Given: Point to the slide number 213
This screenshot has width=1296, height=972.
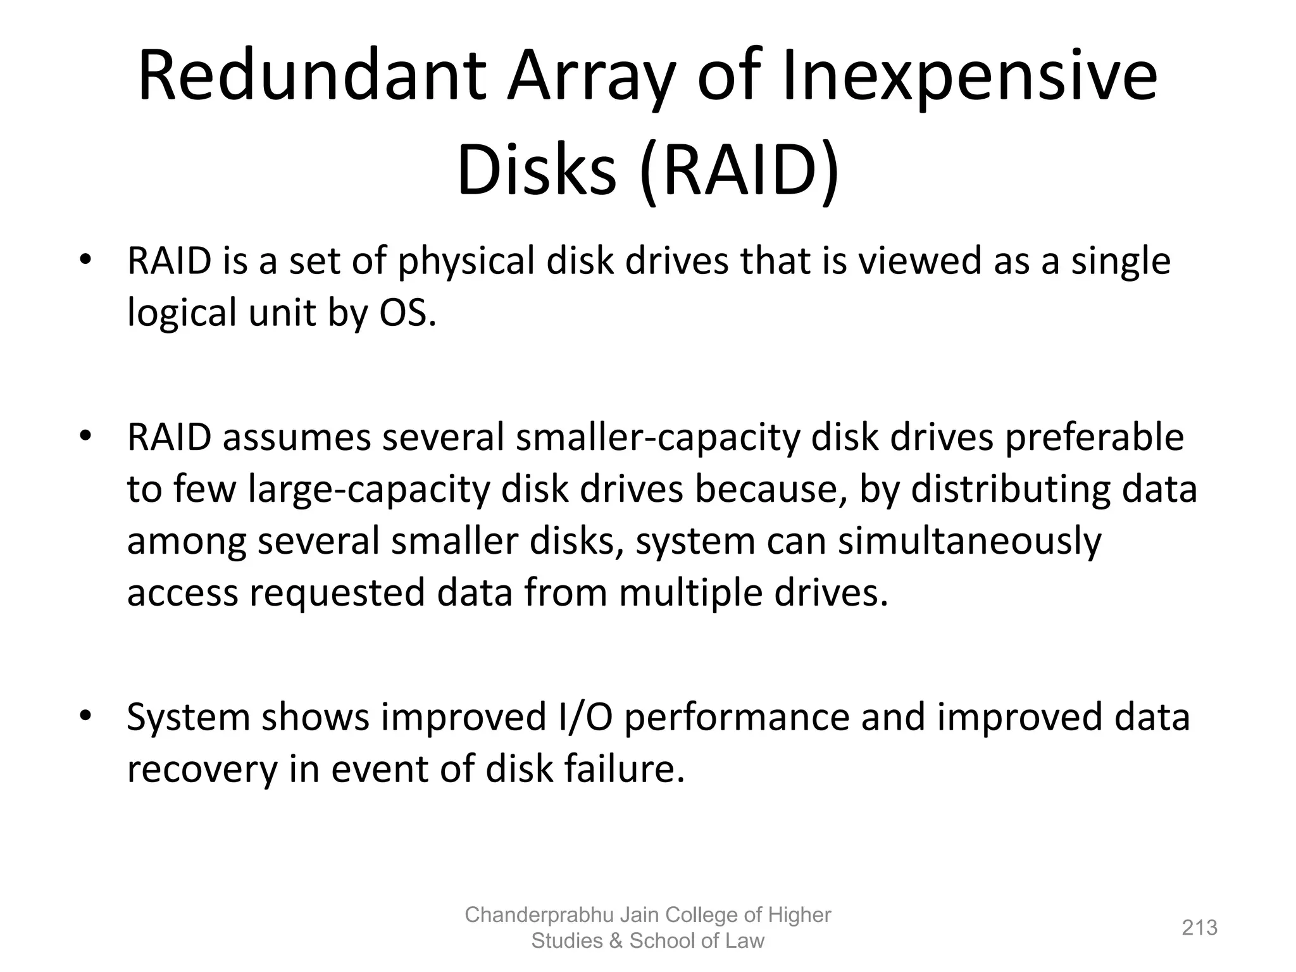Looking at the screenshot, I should point(1200,928).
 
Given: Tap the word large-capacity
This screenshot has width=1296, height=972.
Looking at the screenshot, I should point(369,490).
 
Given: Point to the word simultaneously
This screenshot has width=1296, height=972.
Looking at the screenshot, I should point(969,542).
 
